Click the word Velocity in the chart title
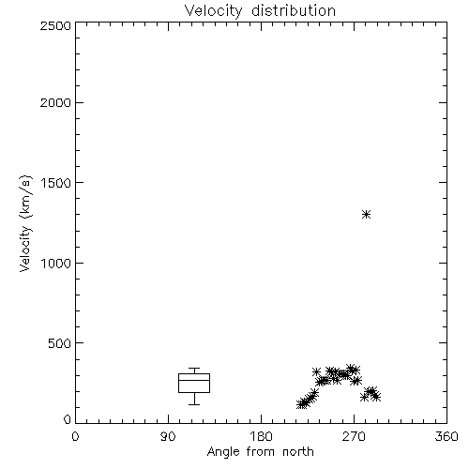(213, 11)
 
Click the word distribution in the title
(294, 10)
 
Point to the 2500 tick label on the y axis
(55, 25)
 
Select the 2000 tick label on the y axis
(55, 102)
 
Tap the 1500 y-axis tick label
(56, 183)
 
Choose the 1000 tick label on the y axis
(56, 263)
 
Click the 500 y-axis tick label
(59, 343)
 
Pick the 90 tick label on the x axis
(168, 436)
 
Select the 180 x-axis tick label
(261, 436)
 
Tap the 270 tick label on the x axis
(354, 436)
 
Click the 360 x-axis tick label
(446, 436)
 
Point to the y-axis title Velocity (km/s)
(25, 223)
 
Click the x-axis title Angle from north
(260, 452)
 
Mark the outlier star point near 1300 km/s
(366, 215)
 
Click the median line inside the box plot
(194, 380)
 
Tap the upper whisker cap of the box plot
(194, 369)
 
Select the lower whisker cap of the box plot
(194, 404)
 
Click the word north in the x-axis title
(298, 452)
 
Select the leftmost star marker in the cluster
(300, 404)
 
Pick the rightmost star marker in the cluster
(376, 397)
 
